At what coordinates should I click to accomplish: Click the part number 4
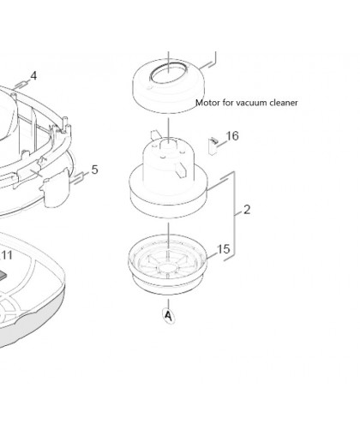click(x=33, y=76)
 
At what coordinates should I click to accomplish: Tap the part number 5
click(x=95, y=170)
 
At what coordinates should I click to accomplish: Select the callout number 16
click(x=232, y=136)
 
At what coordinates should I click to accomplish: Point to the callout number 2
click(x=247, y=210)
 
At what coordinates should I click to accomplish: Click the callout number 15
click(x=224, y=249)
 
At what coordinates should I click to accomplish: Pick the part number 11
click(x=7, y=255)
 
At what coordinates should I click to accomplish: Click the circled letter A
click(x=169, y=316)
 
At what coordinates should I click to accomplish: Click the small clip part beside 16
click(x=213, y=146)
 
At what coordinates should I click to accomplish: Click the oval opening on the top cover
click(x=168, y=74)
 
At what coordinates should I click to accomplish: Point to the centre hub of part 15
click(x=168, y=268)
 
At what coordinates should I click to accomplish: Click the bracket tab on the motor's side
click(x=181, y=170)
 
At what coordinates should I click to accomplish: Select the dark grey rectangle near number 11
click(x=3, y=275)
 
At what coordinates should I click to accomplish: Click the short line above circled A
click(x=169, y=304)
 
